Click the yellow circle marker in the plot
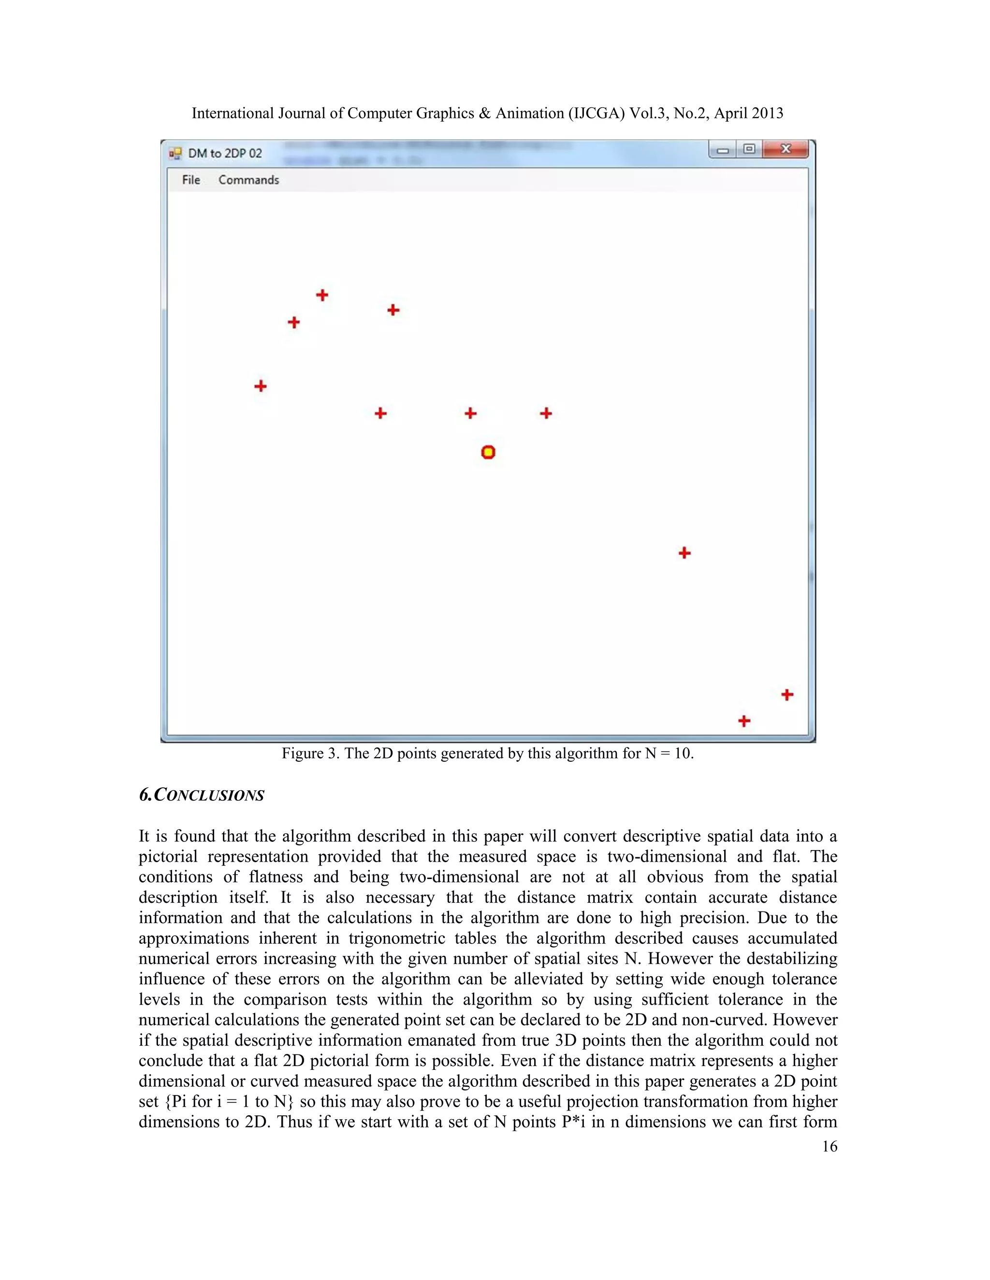click(x=488, y=452)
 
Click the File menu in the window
click(x=190, y=180)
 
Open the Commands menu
click(x=248, y=180)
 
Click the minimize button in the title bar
click(x=723, y=150)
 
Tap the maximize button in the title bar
click(x=749, y=149)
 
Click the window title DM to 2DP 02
click(x=225, y=154)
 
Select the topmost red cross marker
click(x=322, y=295)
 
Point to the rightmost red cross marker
click(x=787, y=695)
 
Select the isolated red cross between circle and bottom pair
click(x=684, y=553)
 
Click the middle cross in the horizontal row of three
click(x=470, y=413)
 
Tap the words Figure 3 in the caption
click(x=310, y=753)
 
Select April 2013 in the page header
click(x=748, y=113)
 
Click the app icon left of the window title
click(x=175, y=154)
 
